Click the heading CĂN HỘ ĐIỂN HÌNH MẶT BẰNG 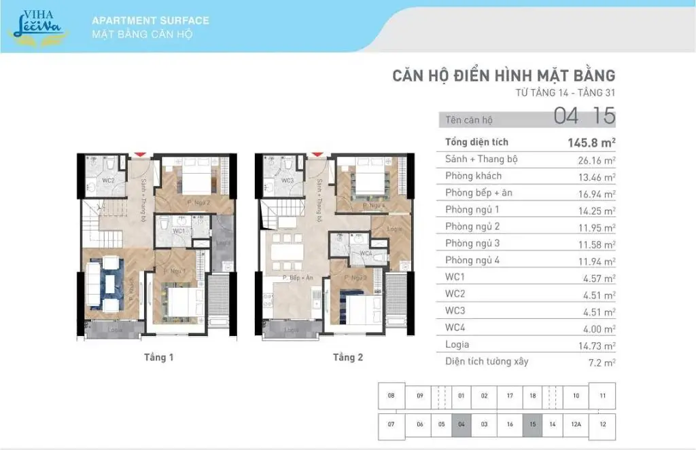[x=503, y=75]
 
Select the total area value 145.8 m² [x=591, y=143]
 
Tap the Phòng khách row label [x=473, y=176]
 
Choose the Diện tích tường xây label [x=487, y=361]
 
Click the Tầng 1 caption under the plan [x=158, y=357]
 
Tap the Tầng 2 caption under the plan [x=347, y=357]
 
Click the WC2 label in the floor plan [x=107, y=181]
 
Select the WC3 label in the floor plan [x=287, y=181]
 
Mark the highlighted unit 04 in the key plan [x=462, y=424]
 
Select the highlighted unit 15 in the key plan [x=532, y=424]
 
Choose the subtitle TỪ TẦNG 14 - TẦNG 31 [x=565, y=92]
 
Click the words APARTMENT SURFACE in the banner [x=150, y=20]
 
